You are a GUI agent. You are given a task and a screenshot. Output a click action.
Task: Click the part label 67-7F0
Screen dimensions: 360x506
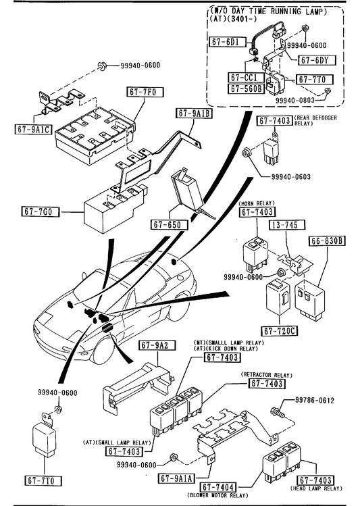[x=144, y=92]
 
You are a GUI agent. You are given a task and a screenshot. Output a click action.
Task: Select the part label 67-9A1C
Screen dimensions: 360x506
[x=34, y=129]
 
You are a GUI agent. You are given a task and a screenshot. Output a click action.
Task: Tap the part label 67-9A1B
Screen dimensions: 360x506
[x=195, y=113]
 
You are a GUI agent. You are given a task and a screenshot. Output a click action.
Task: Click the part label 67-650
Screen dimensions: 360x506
[x=170, y=224]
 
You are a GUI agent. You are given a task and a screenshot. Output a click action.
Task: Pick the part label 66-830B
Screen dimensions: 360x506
[x=327, y=241]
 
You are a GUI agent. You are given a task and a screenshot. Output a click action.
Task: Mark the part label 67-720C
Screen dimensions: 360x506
[x=280, y=331]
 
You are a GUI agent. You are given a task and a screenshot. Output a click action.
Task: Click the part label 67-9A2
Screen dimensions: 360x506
[x=157, y=345]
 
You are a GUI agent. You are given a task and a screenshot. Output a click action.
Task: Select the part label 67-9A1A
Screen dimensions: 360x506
[x=176, y=478]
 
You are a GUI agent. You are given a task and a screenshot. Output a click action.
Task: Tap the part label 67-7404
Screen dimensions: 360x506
[x=218, y=487]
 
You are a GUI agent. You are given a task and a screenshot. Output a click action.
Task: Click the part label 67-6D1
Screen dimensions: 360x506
[x=228, y=42]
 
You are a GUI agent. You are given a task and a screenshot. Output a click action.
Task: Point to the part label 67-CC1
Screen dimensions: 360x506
[x=246, y=77]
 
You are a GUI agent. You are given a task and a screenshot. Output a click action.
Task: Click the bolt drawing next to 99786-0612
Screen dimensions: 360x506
[x=278, y=412]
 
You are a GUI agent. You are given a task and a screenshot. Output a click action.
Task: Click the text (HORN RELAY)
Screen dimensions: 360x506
[x=257, y=203]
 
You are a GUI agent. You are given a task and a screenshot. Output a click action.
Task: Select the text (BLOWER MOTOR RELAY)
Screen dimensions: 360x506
[x=217, y=495]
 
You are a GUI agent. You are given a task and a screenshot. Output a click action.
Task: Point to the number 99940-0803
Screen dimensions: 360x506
[x=295, y=101]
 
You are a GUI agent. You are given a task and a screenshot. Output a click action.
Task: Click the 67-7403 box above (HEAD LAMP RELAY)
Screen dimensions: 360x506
[x=315, y=480]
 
